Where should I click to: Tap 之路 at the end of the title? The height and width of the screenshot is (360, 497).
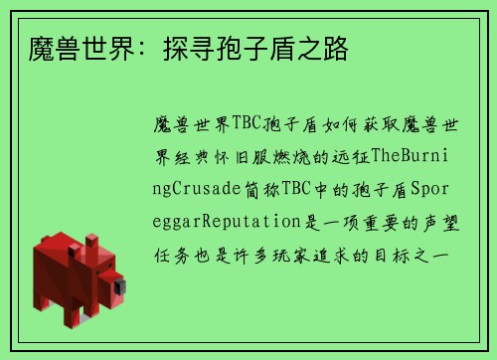[x=324, y=48]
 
